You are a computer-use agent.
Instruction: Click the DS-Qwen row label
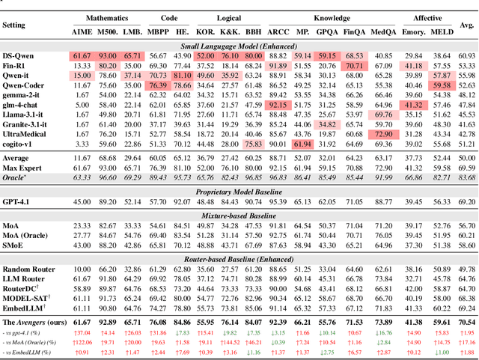(x=19, y=55)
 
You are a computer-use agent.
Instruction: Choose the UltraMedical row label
(x=26, y=132)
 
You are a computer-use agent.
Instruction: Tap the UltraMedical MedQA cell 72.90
(x=385, y=132)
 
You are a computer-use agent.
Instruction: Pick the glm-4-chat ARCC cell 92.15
(x=277, y=104)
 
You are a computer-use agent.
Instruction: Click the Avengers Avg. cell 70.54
(x=467, y=320)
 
